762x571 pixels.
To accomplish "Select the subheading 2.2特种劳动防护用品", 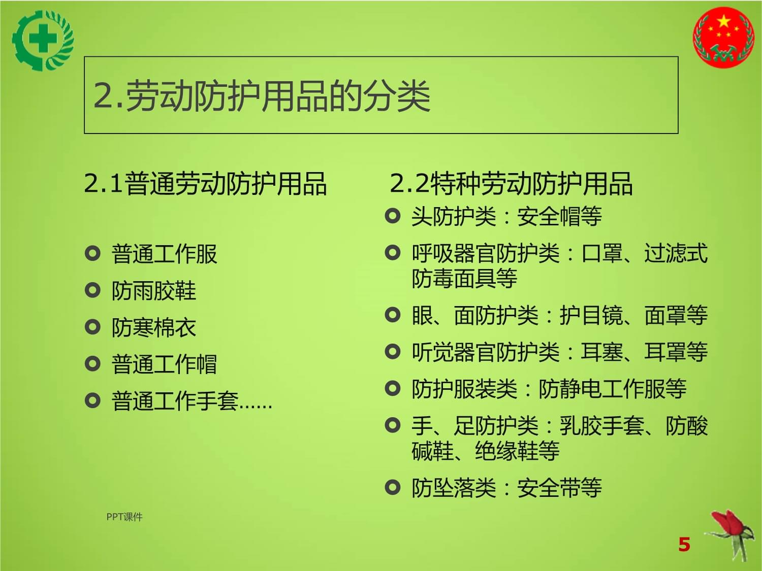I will [511, 183].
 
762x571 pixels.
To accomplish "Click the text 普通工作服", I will [164, 254].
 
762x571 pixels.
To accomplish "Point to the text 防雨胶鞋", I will [153, 291].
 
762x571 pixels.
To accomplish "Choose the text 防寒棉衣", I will [153, 328].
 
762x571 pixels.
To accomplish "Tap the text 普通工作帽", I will [164, 364].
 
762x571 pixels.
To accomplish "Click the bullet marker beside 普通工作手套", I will [92, 400].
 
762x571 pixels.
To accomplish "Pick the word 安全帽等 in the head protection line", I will [559, 217].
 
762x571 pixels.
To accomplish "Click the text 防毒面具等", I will [464, 279].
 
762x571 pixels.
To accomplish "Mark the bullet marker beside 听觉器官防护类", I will [393, 351].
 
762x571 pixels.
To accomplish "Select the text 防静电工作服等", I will [612, 389].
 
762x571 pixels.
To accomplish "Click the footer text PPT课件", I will [124, 517].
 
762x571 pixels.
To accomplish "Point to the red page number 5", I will [684, 545].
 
